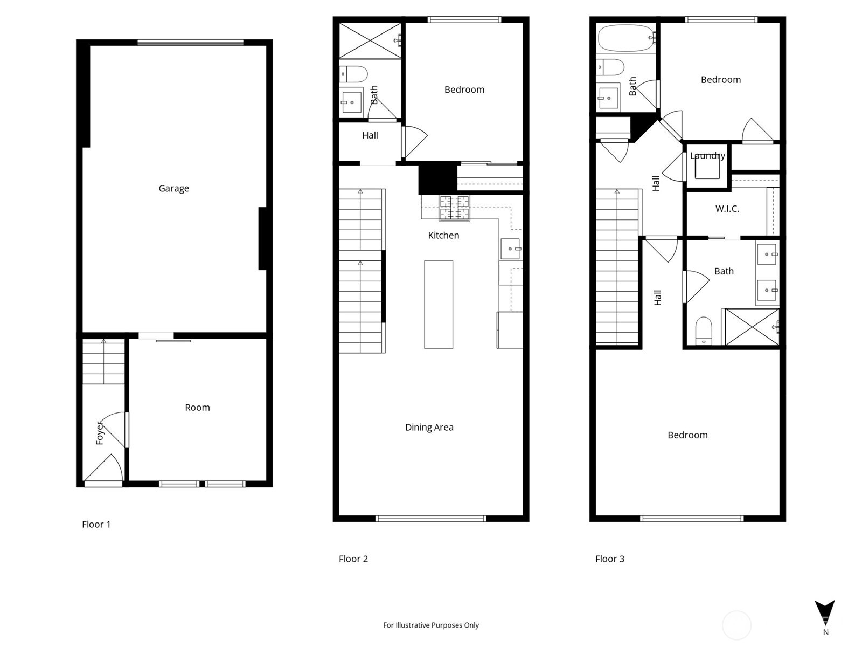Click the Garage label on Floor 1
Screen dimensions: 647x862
(x=173, y=188)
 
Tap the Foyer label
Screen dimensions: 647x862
(x=100, y=433)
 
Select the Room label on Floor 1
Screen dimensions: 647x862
(x=197, y=408)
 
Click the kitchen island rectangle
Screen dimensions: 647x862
(x=439, y=305)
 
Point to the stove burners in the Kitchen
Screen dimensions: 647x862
(x=455, y=208)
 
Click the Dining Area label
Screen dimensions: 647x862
(x=429, y=428)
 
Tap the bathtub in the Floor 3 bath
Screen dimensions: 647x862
(x=625, y=38)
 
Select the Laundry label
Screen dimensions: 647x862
(x=707, y=156)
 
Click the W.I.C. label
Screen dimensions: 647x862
(x=727, y=209)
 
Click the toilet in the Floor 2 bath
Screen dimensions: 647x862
(x=354, y=74)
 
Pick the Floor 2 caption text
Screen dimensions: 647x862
(x=353, y=559)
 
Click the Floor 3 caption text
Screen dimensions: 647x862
(x=610, y=559)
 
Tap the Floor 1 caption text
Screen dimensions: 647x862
(x=96, y=525)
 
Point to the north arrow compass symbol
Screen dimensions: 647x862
(x=825, y=614)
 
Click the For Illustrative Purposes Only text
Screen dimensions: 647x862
(x=431, y=625)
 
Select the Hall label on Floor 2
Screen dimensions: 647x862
(x=370, y=135)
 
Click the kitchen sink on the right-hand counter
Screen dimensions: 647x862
(x=510, y=249)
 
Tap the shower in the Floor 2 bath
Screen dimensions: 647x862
(x=370, y=40)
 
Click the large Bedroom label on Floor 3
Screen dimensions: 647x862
(x=687, y=435)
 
